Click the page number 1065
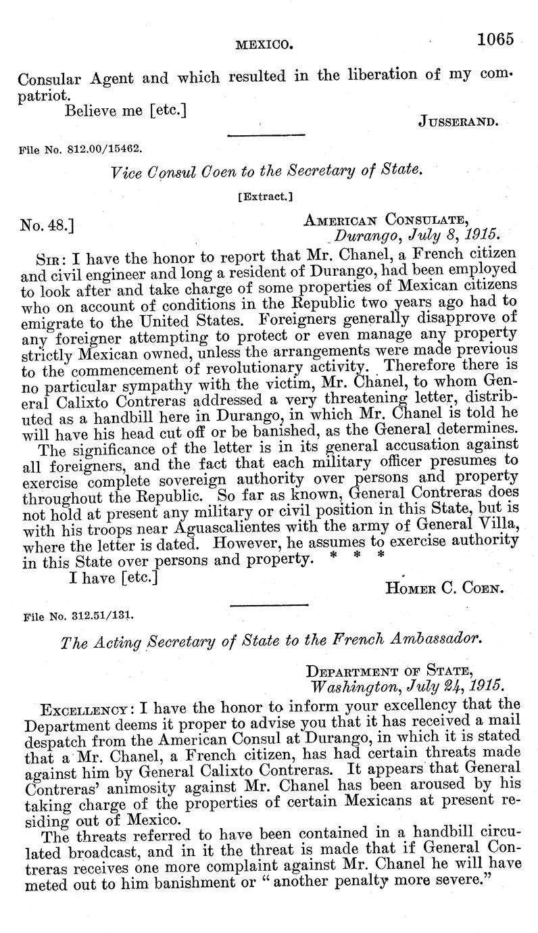pyautogui.click(x=495, y=39)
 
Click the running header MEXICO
pyautogui.click(x=264, y=45)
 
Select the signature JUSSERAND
pyautogui.click(x=458, y=122)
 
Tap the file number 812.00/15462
pyautogui.click(x=82, y=147)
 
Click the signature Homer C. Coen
pyautogui.click(x=444, y=588)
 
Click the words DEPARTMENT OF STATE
pyautogui.click(x=389, y=670)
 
